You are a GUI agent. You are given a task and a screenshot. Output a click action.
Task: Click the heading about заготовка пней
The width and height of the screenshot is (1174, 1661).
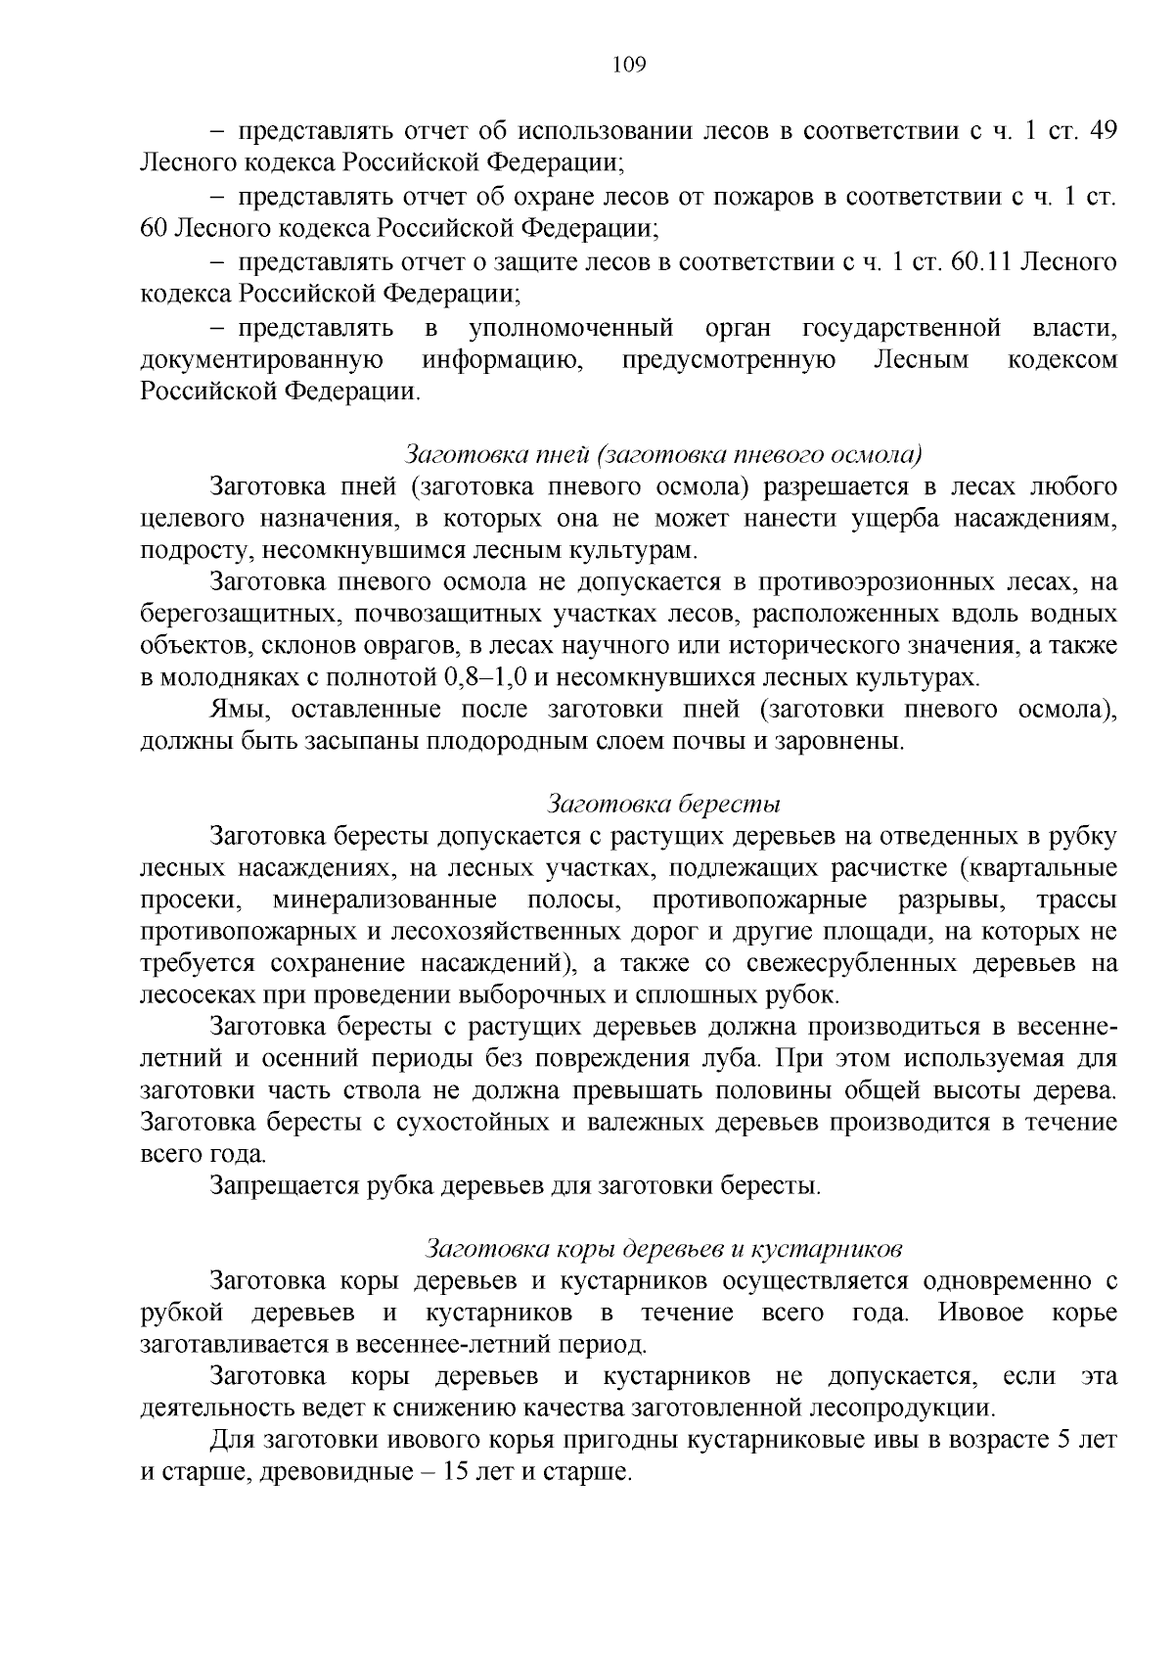[663, 454]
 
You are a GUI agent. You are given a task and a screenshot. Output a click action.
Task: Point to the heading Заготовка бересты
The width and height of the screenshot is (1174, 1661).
[663, 805]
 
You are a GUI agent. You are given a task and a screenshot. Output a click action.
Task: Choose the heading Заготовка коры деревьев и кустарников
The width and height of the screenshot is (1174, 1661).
[663, 1249]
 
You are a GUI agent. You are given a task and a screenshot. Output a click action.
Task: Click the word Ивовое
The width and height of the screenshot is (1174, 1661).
[980, 1313]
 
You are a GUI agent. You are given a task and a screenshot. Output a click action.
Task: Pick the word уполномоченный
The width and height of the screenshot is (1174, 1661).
[571, 327]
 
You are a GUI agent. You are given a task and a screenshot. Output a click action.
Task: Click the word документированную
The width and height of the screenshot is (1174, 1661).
[261, 359]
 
